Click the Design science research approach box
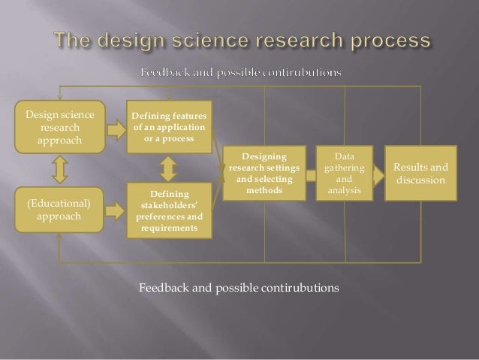pos(60,127)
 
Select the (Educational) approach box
pos(60,209)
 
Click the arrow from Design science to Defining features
pos(116,129)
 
